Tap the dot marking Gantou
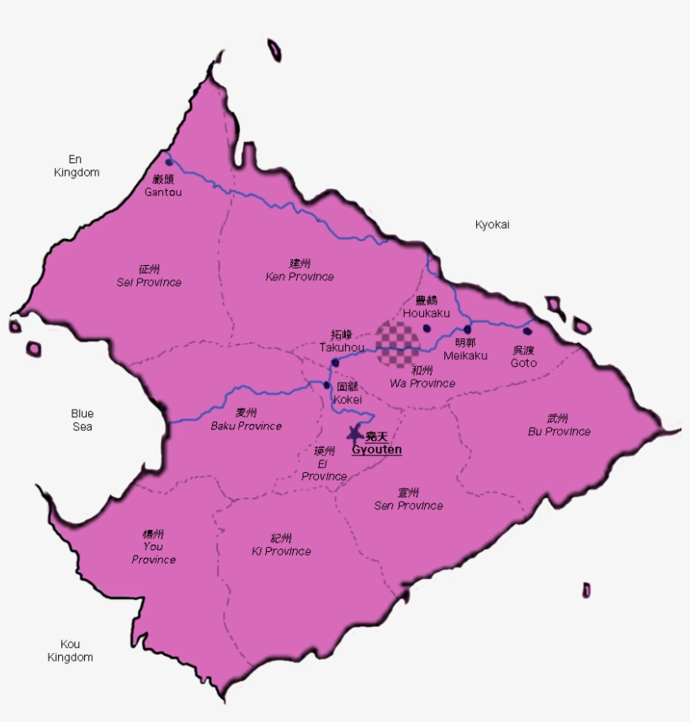(169, 162)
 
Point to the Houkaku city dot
(426, 328)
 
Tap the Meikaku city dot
(467, 329)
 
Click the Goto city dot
(527, 331)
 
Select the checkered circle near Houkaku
(397, 343)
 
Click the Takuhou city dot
(335, 363)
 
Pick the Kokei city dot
(327, 385)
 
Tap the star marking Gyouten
(354, 433)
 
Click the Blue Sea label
(82, 420)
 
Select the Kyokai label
(492, 225)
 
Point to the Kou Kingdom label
(71, 650)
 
